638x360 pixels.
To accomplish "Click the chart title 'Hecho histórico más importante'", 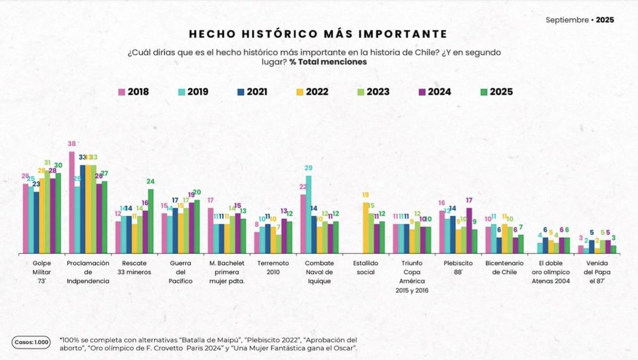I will point(318,34).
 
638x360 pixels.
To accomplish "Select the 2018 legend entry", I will point(133,91).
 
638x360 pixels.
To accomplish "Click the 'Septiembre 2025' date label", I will point(580,20).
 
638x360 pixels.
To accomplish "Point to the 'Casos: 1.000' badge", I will point(31,342).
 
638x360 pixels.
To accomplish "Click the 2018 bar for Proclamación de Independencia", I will point(72,202).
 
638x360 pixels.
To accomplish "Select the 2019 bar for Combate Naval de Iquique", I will point(308,214).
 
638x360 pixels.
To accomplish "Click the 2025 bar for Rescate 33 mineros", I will point(150,221).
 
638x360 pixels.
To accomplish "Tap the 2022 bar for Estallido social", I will point(366,227).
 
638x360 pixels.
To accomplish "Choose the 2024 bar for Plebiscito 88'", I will point(468,230).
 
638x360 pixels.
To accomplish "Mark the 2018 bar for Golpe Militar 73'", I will point(26,218).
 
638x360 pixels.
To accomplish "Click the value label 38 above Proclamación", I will point(72,144).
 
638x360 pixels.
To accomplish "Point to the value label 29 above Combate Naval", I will point(308,168).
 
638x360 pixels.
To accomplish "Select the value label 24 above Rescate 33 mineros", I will point(150,181).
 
